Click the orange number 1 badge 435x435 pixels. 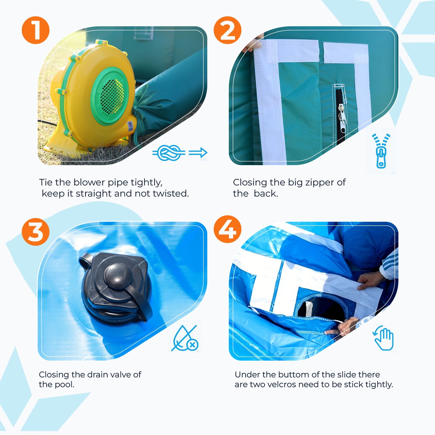point(36,30)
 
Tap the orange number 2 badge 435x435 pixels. point(228,30)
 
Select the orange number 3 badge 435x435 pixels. point(36,232)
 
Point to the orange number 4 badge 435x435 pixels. point(228,229)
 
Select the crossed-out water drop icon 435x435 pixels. point(185,338)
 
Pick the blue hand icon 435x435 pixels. point(383,338)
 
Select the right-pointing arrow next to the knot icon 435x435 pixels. point(198,153)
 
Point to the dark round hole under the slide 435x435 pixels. point(321,307)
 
